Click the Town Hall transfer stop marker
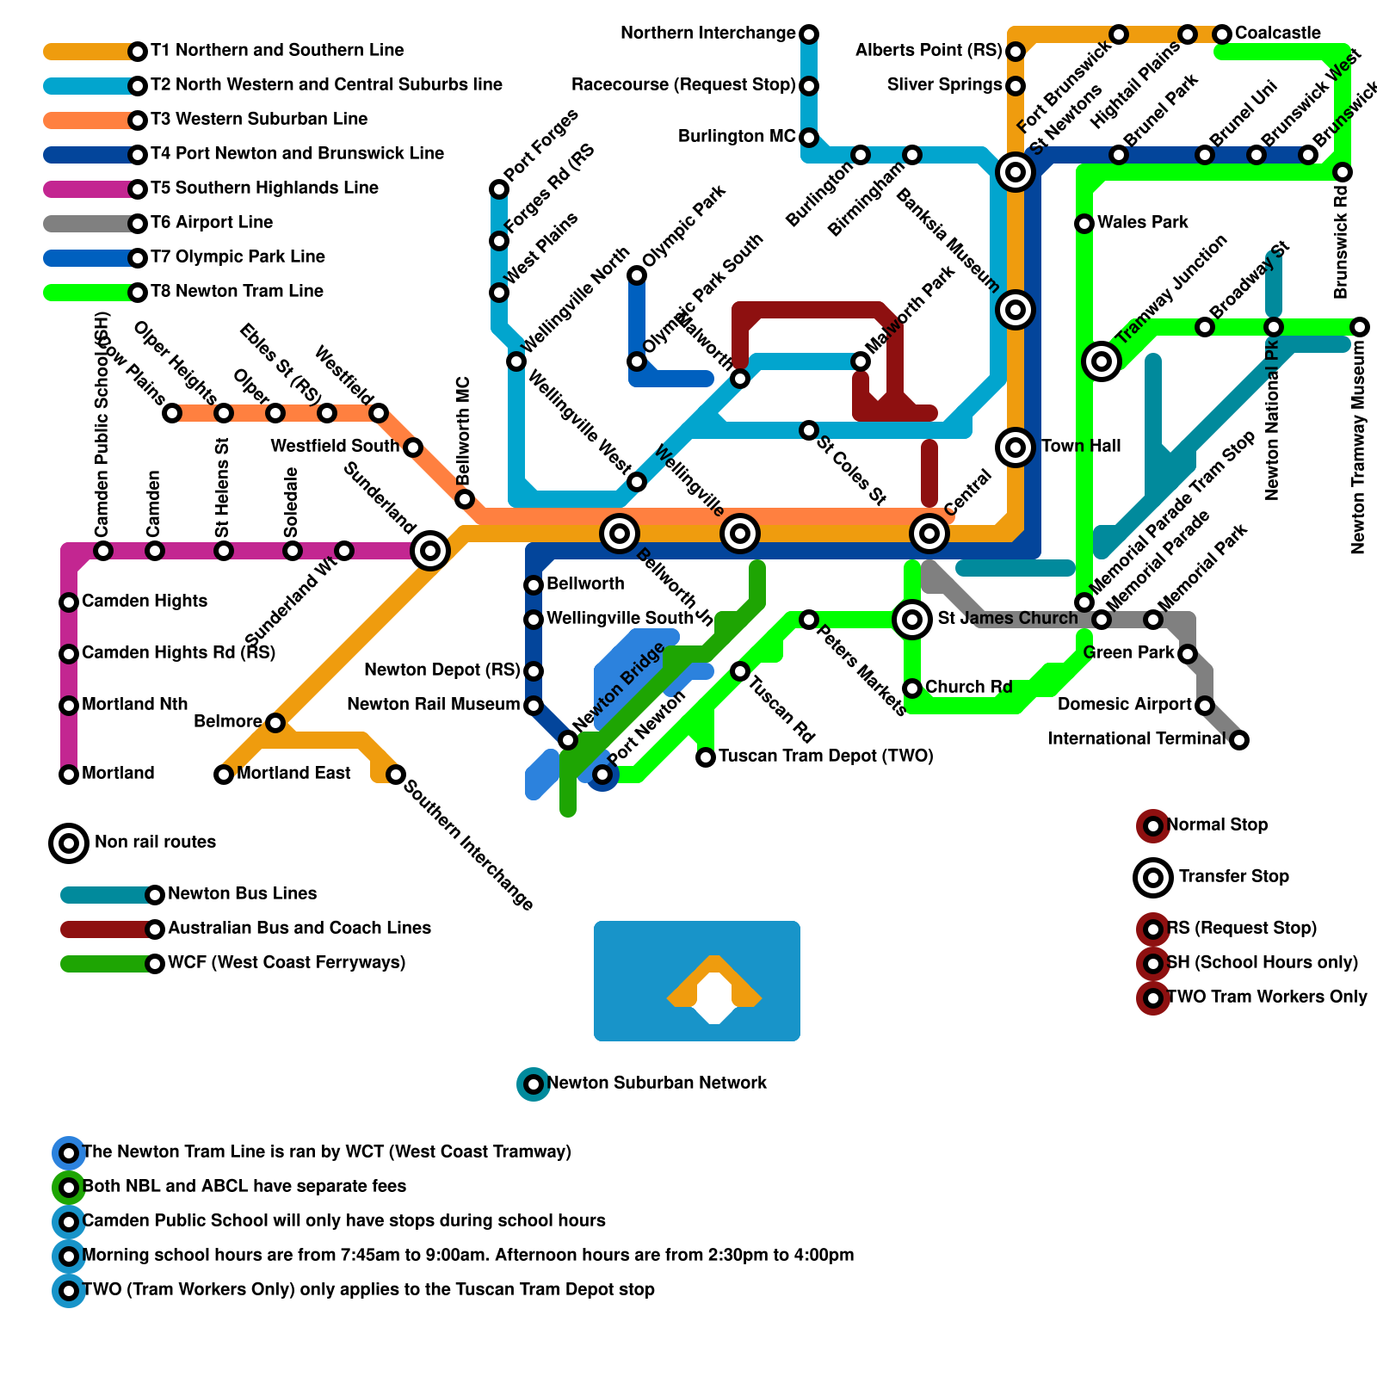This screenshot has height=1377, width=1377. pos(1016,448)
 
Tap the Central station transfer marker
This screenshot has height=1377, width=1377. pos(929,534)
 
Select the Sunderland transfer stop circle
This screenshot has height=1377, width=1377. pos(430,551)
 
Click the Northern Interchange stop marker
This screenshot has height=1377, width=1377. pos(809,34)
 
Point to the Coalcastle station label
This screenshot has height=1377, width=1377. pos(1277,34)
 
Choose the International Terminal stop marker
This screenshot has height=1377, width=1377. pos(1239,740)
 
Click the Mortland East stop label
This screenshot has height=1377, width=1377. pos(293,774)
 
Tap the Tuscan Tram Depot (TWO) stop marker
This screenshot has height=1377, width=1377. pos(706,757)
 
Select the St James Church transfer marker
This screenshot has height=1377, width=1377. pos(912,620)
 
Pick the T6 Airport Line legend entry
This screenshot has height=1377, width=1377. pos(211,223)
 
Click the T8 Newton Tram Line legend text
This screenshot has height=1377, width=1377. pos(237,292)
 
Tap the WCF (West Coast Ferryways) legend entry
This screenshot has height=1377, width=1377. pos(286,963)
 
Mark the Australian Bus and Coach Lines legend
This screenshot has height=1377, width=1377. pos(299,929)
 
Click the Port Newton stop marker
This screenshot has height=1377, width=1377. pos(602,775)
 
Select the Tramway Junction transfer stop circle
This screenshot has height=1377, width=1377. pos(1102,361)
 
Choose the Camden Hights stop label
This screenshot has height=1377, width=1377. pos(144,602)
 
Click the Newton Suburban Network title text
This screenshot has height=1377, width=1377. pos(656,1084)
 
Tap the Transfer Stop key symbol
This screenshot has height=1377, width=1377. pos(1153,878)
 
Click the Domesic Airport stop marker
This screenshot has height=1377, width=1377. pos(1205,706)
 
